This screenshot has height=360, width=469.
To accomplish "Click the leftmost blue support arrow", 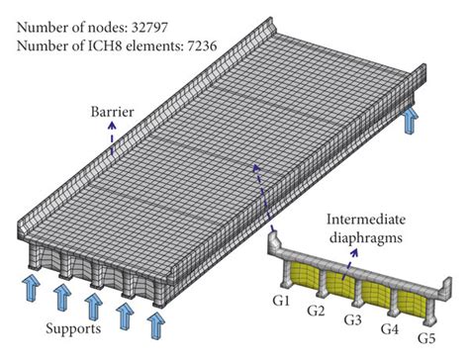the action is pyautogui.click(x=31, y=291).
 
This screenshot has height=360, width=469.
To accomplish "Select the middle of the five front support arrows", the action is pyautogui.click(x=93, y=305).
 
